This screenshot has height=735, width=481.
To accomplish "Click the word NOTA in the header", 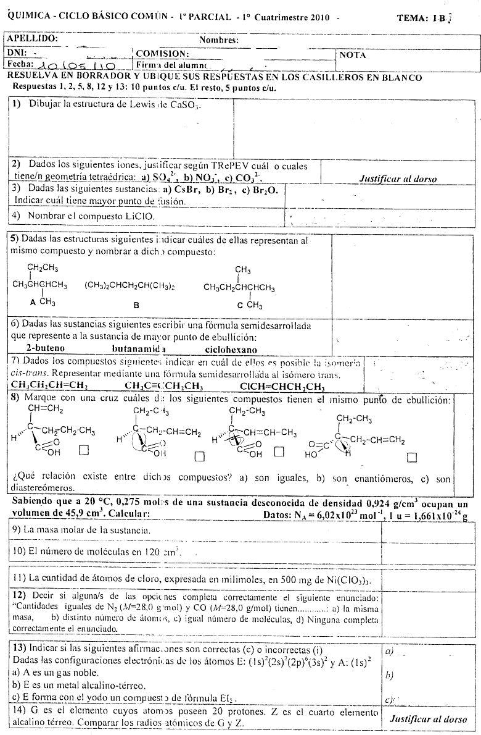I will tap(353, 55).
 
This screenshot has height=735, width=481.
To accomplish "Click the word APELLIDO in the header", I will tap(33, 38).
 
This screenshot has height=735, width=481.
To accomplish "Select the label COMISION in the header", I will tap(162, 54).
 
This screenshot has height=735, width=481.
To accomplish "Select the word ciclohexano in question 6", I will tap(231, 349).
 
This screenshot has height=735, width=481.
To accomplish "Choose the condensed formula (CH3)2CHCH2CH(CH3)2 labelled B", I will tap(129, 286).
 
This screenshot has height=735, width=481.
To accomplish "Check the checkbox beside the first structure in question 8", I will tap(84, 450).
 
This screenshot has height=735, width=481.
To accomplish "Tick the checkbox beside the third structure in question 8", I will tap(279, 451).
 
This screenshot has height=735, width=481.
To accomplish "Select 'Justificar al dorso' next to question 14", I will tap(428, 719).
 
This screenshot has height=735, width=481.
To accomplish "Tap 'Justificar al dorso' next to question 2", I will tap(398, 179).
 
